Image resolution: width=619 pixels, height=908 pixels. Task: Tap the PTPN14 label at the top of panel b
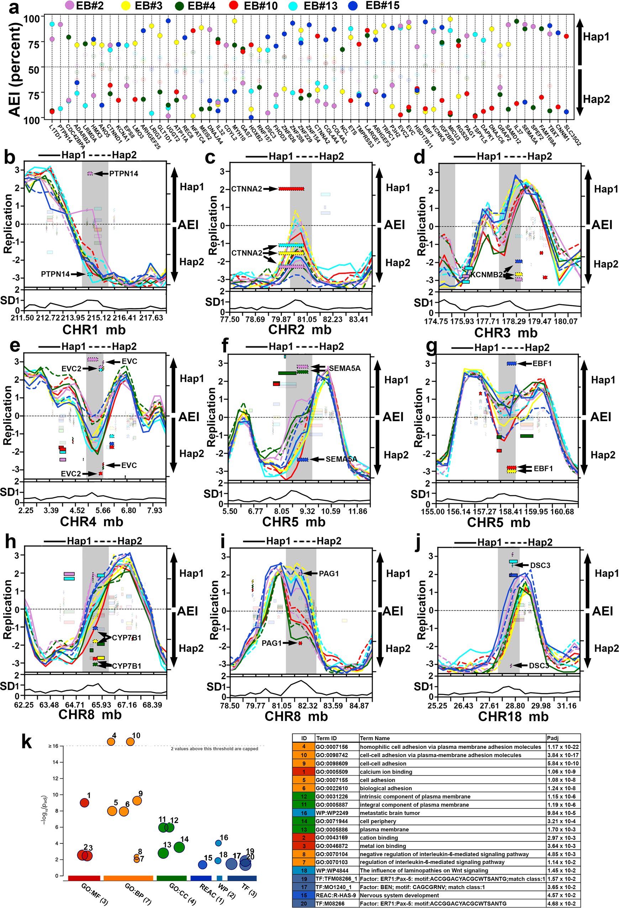tap(124, 173)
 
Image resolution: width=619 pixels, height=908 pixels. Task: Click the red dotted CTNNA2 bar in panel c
tap(291, 189)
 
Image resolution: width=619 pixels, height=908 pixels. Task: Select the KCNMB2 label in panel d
tap(487, 275)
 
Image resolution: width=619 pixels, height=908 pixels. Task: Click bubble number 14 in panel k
tap(179, 847)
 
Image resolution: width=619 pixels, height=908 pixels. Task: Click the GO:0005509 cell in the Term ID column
tap(331, 772)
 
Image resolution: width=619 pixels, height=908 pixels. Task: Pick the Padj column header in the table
tap(552, 738)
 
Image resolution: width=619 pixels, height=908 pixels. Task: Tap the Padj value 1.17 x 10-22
tap(563, 747)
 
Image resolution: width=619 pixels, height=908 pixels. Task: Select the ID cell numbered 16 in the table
tap(304, 813)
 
